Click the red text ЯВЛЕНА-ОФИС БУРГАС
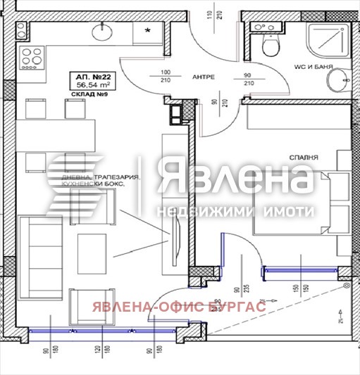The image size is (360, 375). pyautogui.click(x=175, y=307)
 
